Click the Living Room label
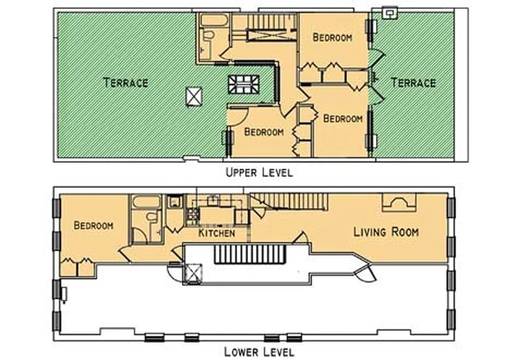386,232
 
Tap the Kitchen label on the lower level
217,233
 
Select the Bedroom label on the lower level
94,225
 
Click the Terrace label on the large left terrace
125,83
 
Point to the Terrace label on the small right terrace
413,83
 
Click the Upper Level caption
259,172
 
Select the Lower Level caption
259,351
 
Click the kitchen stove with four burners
192,216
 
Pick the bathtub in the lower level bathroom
146,202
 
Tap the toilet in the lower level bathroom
152,217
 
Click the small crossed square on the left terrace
194,96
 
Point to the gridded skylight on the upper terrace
243,84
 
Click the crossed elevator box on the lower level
194,274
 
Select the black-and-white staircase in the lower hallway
250,254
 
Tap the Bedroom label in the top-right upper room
332,37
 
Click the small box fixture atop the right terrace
389,13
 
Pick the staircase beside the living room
289,201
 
